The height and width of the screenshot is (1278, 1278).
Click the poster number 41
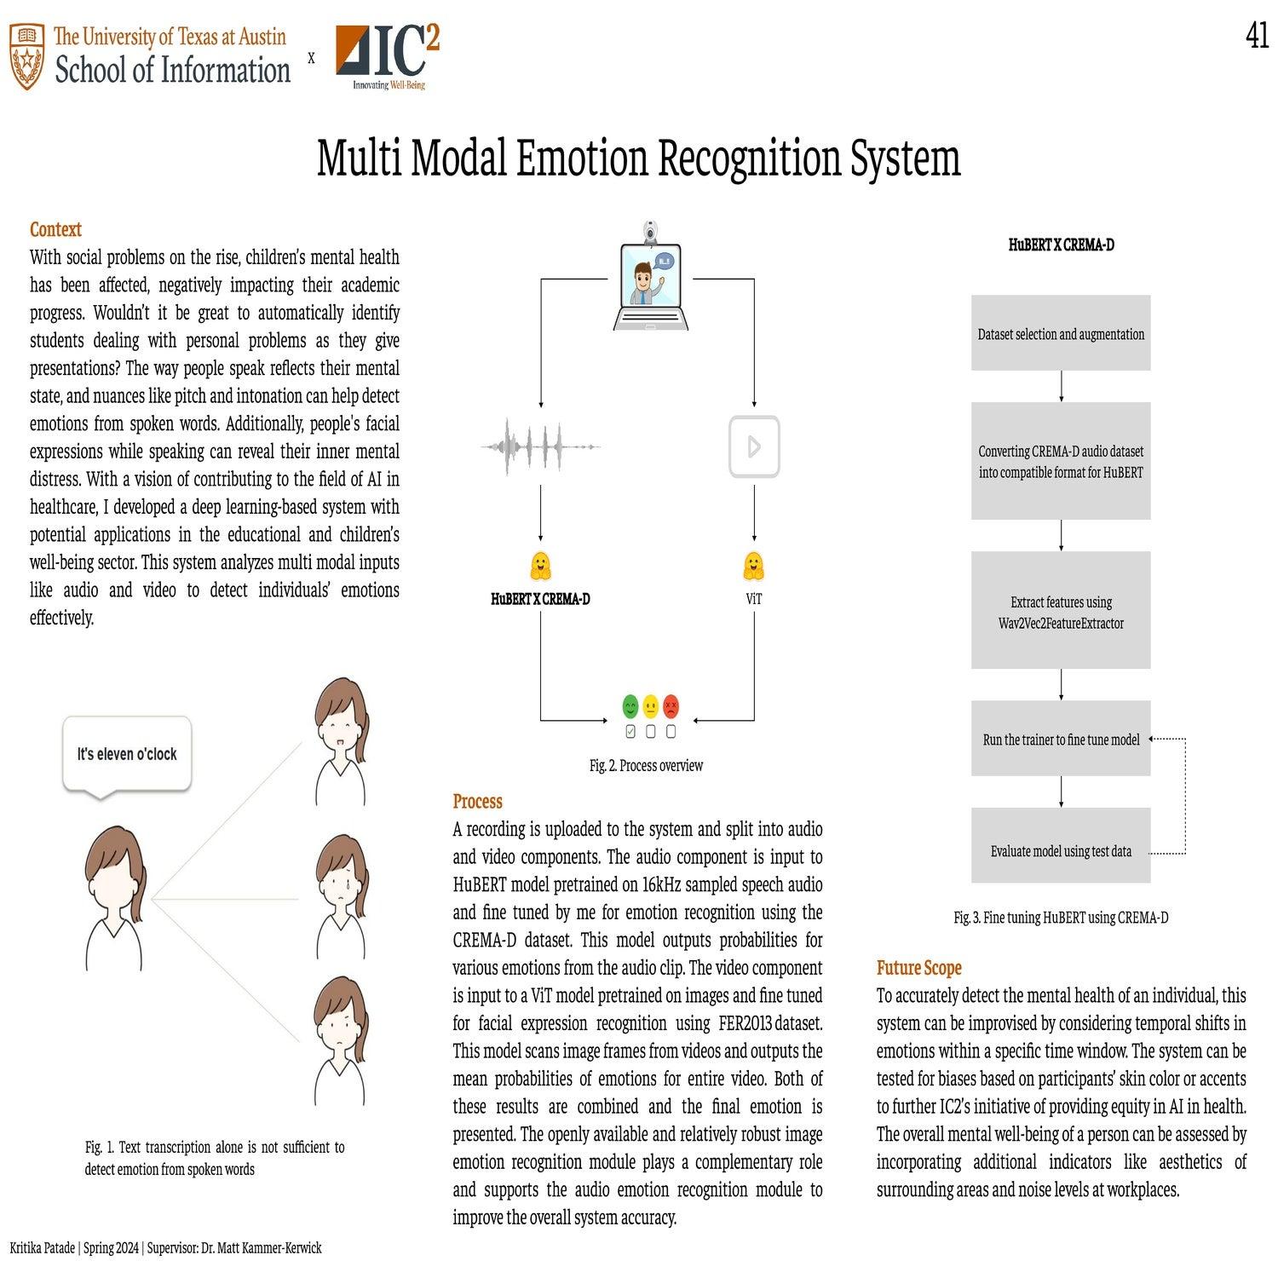pyautogui.click(x=1257, y=36)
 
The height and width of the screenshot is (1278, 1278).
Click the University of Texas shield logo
pyautogui.click(x=27, y=57)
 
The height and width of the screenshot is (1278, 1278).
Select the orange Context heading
pyautogui.click(x=55, y=229)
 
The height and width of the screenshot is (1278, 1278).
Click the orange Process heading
pyautogui.click(x=477, y=801)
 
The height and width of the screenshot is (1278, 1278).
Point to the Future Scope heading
pyautogui.click(x=918, y=968)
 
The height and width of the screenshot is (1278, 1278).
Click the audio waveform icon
pyautogui.click(x=541, y=446)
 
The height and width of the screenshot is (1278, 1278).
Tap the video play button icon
pyautogui.click(x=754, y=446)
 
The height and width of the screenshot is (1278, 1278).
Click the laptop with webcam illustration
pyautogui.click(x=651, y=279)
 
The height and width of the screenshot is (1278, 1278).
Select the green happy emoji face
pyautogui.click(x=630, y=706)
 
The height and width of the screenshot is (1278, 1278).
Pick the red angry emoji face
pyautogui.click(x=671, y=706)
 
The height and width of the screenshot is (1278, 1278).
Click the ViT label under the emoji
pyautogui.click(x=754, y=599)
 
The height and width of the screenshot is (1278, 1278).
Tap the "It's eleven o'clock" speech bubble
pyautogui.click(x=127, y=754)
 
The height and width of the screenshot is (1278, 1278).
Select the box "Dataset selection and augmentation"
pyautogui.click(x=1061, y=333)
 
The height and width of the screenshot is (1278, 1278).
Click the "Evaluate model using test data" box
pyautogui.click(x=1061, y=850)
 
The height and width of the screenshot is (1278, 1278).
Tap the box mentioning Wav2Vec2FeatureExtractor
pyautogui.click(x=1061, y=612)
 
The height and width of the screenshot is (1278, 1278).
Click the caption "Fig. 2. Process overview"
pyautogui.click(x=646, y=765)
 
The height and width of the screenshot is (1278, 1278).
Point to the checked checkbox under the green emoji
pyautogui.click(x=630, y=731)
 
